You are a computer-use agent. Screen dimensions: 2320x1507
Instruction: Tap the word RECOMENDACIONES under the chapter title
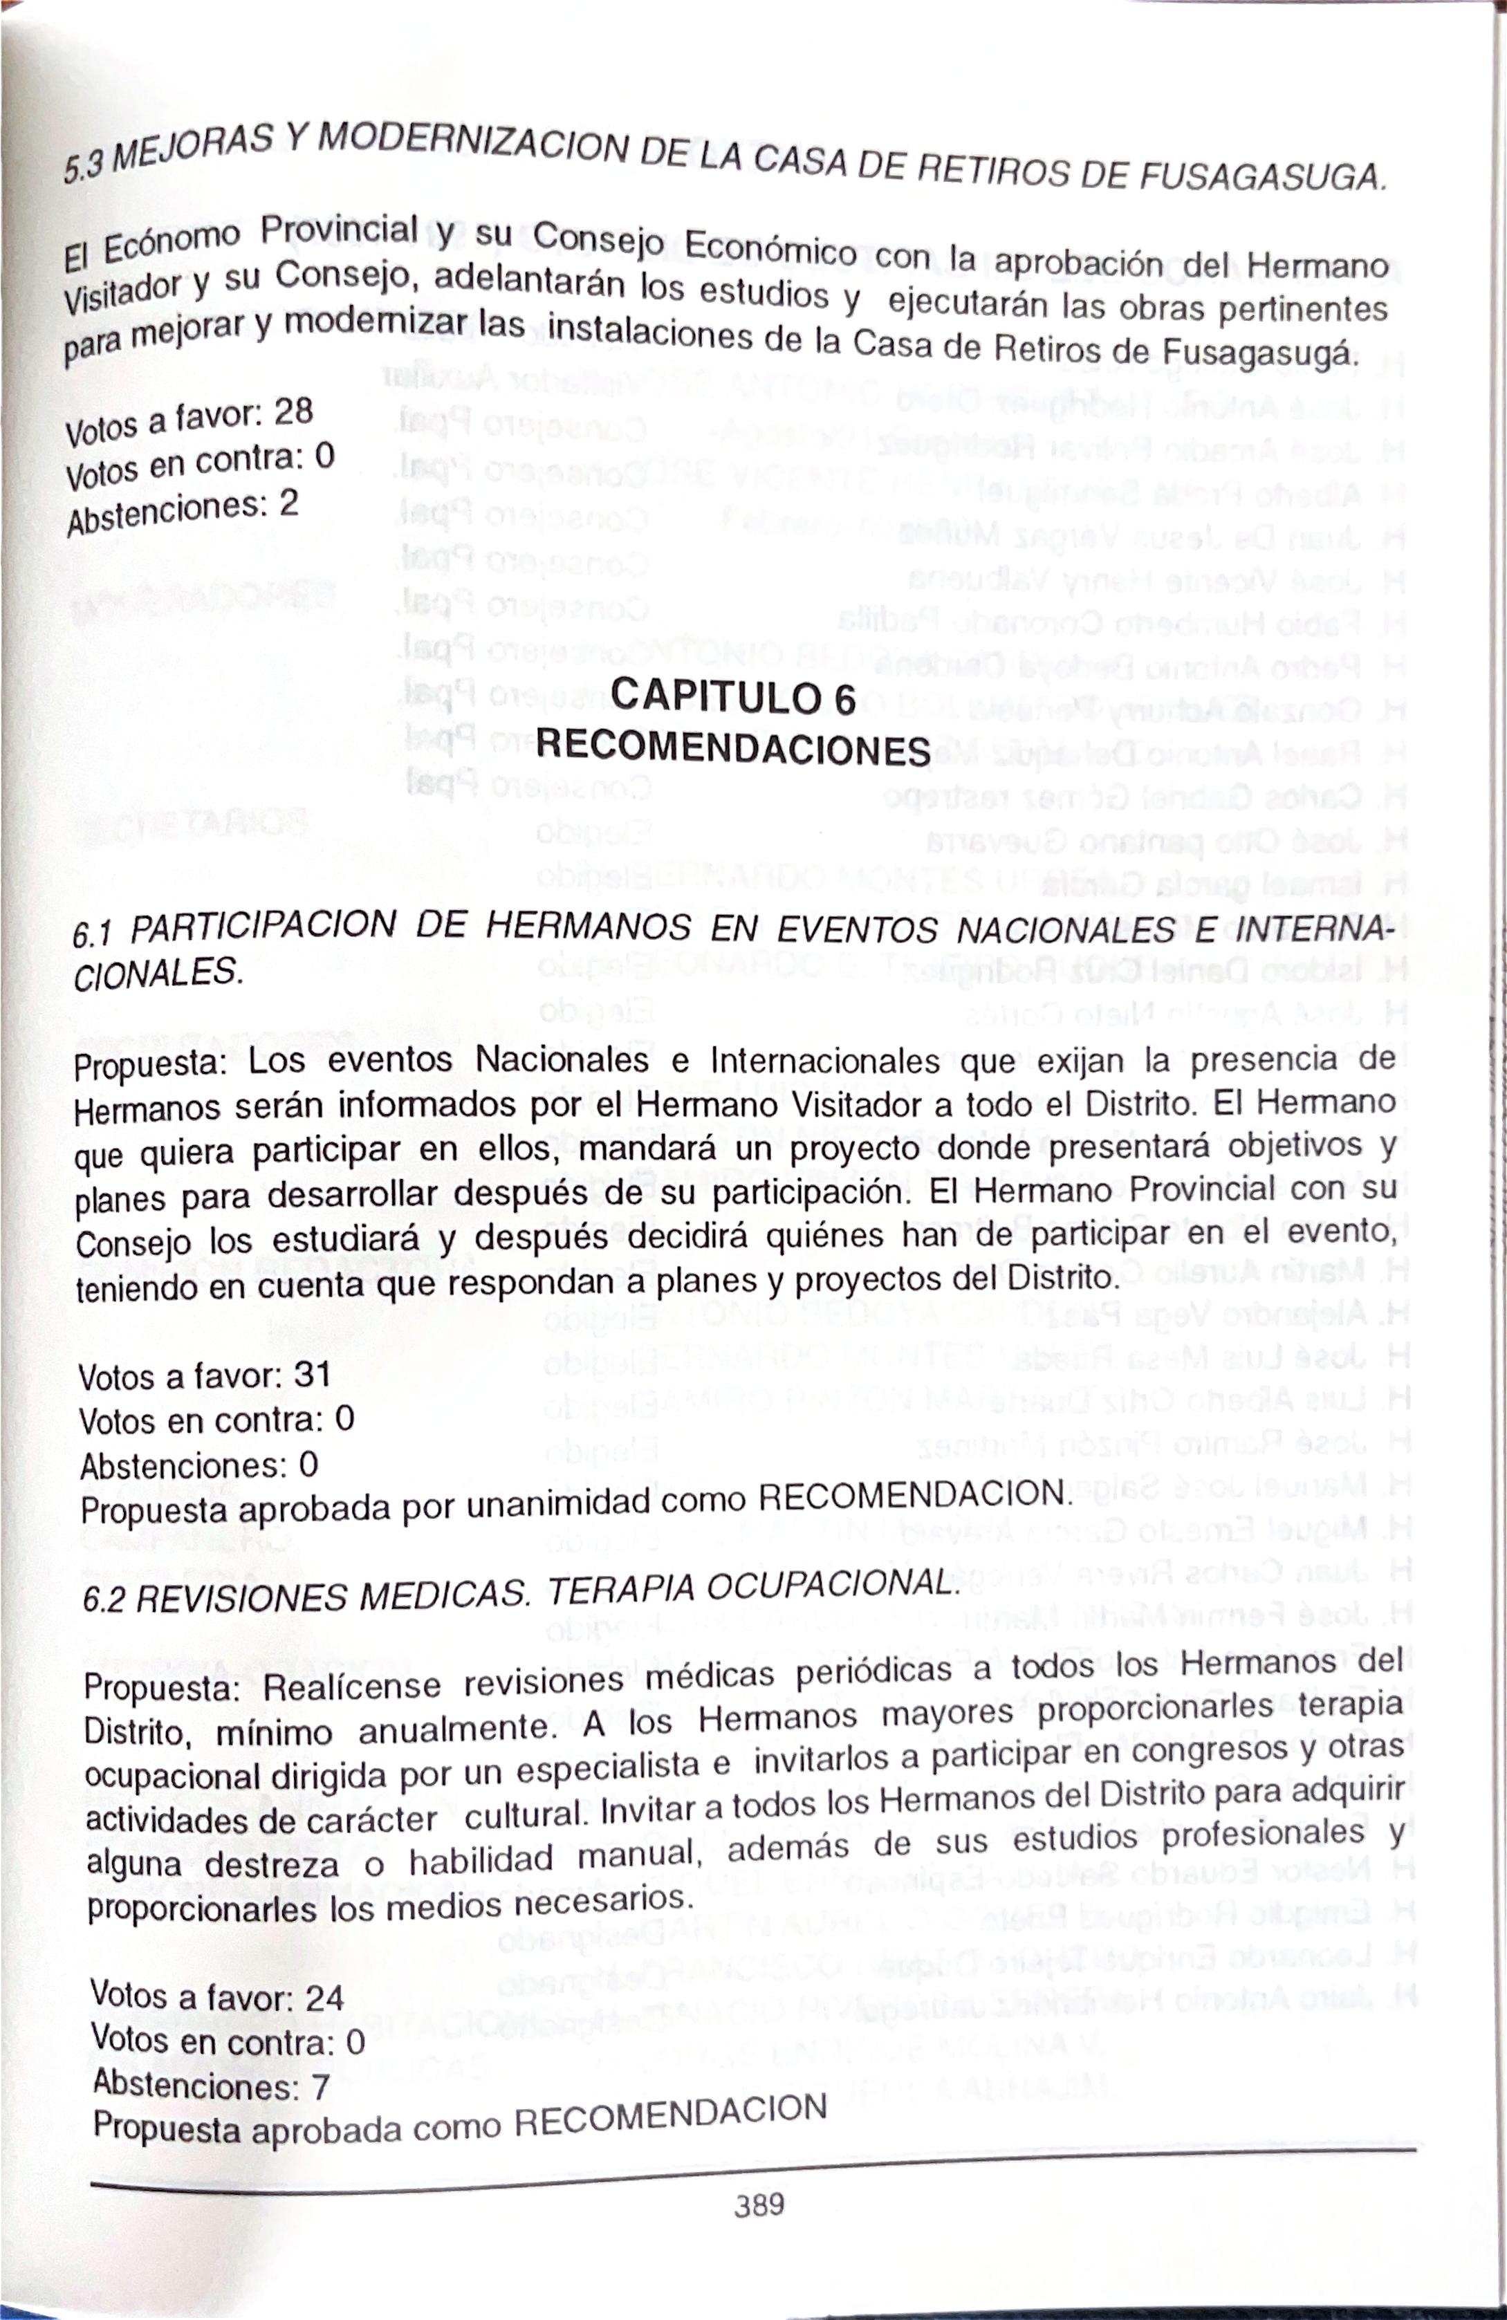(x=733, y=749)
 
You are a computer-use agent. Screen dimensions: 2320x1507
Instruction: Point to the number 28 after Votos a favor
(x=293, y=414)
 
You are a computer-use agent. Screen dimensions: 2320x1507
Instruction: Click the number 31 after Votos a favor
(x=312, y=1375)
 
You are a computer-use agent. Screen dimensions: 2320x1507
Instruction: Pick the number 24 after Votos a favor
(x=324, y=1996)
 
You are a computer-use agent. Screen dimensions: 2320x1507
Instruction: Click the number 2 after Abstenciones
(x=288, y=503)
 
